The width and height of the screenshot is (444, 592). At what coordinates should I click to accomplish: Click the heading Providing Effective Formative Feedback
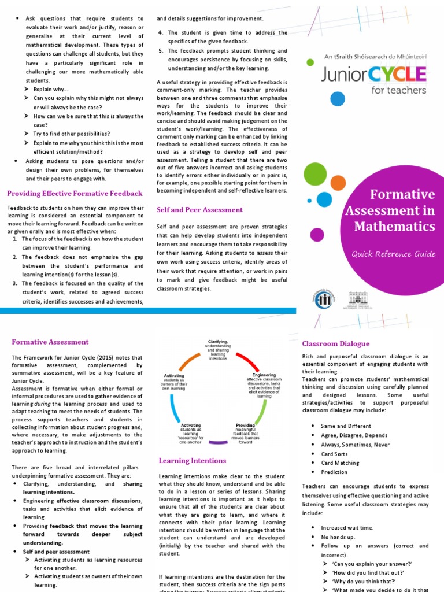(x=75, y=193)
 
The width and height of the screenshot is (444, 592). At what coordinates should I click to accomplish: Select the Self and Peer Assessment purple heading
(x=199, y=210)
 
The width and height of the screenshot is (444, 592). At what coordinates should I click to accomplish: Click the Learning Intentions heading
(x=193, y=460)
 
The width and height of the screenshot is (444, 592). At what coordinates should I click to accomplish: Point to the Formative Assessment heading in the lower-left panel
(x=50, y=342)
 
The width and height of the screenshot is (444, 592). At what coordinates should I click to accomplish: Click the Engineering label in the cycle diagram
(x=264, y=375)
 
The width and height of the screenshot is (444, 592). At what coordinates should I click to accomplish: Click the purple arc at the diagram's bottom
(x=217, y=442)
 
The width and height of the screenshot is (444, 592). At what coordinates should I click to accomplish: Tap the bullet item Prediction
(x=334, y=472)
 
